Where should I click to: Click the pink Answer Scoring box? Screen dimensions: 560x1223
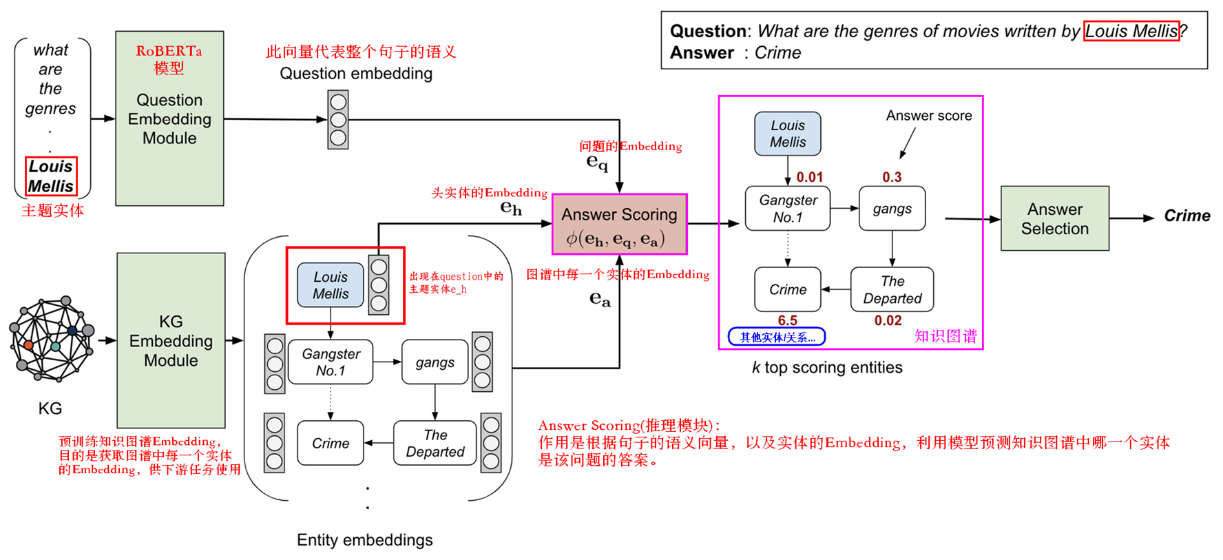point(619,224)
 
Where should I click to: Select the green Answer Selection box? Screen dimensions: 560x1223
point(1054,218)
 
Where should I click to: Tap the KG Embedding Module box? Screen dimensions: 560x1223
point(171,340)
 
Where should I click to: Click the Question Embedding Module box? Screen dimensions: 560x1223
point(169,118)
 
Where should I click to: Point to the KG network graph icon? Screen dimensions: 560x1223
point(52,339)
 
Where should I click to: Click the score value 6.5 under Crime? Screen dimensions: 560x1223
point(787,320)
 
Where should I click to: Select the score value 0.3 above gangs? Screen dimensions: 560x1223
point(892,177)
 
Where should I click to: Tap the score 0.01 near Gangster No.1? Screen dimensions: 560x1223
point(809,177)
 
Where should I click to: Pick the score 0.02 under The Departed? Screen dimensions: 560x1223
point(888,320)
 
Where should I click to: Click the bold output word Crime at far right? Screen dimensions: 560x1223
point(1187,216)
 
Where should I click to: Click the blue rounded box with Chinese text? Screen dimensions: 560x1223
point(777,337)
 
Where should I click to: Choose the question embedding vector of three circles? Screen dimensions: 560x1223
point(338,120)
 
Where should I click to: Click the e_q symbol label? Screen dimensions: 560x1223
point(597,162)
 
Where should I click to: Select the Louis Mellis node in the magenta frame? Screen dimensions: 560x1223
point(787,134)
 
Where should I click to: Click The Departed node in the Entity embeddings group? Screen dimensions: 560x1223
point(435,443)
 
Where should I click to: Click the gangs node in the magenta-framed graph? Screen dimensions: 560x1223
point(892,209)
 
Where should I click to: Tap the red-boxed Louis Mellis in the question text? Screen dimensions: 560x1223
point(1131,31)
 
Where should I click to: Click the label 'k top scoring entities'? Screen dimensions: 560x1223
point(827,367)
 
